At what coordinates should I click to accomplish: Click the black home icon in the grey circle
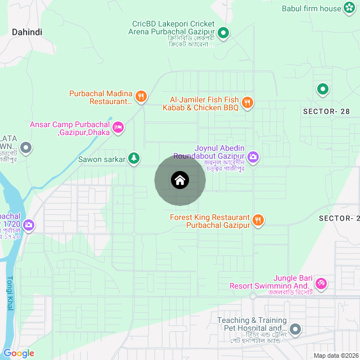click(180, 181)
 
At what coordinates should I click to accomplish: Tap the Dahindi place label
click(27, 33)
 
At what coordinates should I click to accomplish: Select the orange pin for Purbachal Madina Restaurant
click(141, 97)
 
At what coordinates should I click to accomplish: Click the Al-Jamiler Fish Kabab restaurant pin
click(247, 102)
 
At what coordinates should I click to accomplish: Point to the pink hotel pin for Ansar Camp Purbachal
click(118, 128)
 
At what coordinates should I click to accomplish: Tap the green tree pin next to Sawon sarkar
click(134, 159)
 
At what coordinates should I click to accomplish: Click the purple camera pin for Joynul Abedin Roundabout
click(253, 156)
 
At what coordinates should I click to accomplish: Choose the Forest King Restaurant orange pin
click(258, 220)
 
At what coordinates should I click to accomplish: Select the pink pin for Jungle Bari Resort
click(321, 282)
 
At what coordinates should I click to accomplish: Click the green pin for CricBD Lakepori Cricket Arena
click(223, 33)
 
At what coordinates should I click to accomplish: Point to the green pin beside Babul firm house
click(351, 8)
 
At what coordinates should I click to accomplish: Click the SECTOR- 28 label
click(326, 111)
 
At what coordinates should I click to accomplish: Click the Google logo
click(19, 353)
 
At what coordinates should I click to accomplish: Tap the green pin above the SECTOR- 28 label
click(323, 89)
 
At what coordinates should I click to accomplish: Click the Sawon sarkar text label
click(102, 159)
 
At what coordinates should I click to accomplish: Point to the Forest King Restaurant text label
click(209, 221)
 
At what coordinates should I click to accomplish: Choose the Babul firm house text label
click(312, 8)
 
